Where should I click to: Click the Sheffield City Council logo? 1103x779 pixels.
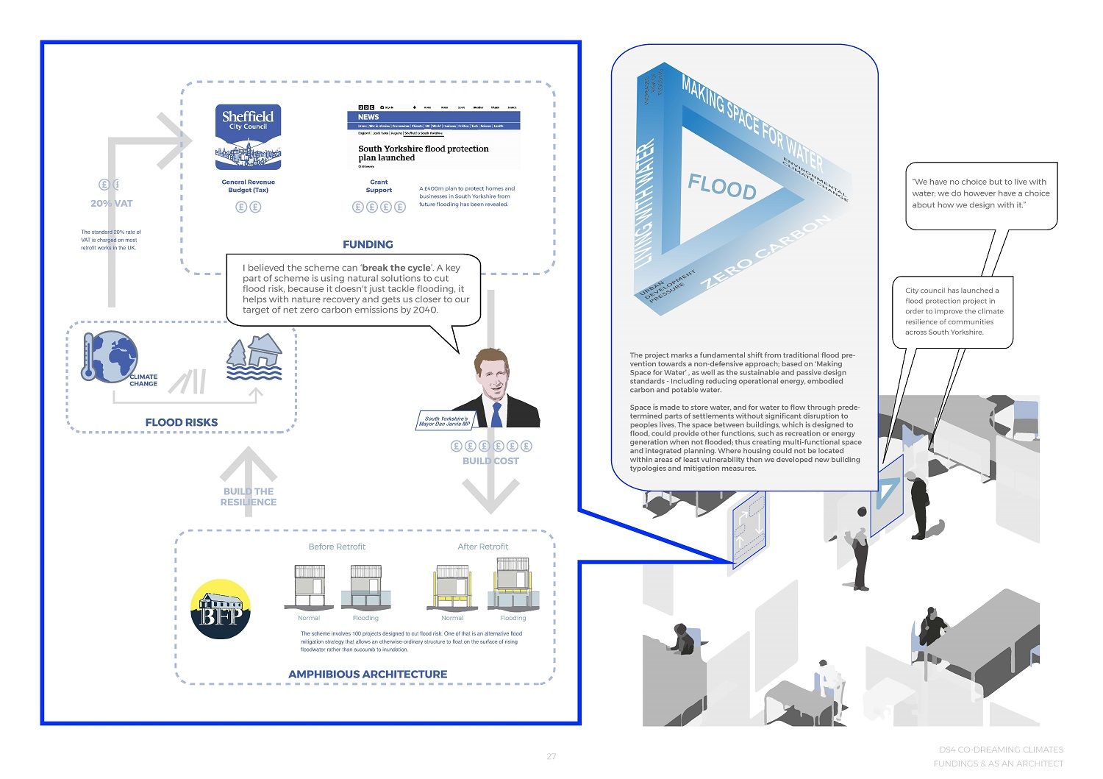[x=248, y=137]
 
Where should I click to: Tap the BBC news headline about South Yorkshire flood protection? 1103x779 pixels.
[x=423, y=153]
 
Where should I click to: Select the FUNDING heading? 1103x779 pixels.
[x=368, y=244]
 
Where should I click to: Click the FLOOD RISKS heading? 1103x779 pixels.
[x=182, y=422]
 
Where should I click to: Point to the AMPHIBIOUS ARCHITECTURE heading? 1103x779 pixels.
[x=368, y=674]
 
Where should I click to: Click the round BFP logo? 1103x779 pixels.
[x=221, y=609]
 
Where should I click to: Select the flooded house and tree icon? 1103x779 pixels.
[x=254, y=358]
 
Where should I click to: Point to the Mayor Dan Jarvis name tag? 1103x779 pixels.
[x=445, y=421]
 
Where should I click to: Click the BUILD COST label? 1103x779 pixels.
[x=490, y=461]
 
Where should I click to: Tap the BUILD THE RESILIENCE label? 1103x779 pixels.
[x=249, y=497]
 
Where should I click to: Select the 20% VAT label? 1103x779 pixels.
[x=112, y=204]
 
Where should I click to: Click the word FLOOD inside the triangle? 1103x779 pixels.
[x=721, y=188]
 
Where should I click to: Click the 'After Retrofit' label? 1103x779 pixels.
[x=482, y=547]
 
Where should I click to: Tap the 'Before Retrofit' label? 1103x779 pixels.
[x=337, y=547]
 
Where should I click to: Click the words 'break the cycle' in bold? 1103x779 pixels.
[x=396, y=268]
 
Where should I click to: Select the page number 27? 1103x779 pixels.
[x=551, y=756]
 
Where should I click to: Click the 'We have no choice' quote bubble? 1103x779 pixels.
[x=981, y=193]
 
